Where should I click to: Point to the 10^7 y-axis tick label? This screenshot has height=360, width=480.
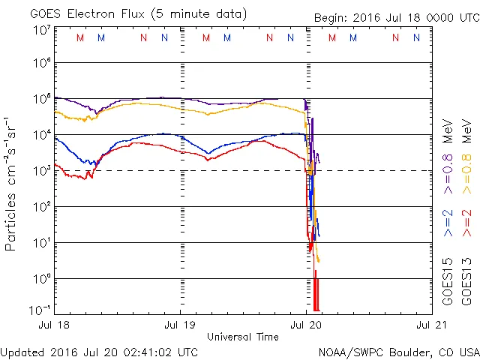tap(41, 30)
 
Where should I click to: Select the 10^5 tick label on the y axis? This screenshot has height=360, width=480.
tap(41, 99)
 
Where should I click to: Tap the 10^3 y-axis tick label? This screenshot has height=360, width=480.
tap(41, 171)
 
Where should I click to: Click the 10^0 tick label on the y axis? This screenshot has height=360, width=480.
tap(41, 279)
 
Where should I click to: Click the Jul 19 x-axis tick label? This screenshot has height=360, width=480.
tap(180, 325)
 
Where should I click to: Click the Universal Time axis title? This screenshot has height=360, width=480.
tap(243, 337)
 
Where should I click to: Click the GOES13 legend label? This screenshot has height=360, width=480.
tap(467, 283)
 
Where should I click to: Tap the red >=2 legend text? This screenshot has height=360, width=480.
tap(467, 223)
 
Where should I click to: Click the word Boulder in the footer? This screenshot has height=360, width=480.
tap(402, 352)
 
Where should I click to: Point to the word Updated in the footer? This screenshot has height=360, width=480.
tap(23, 352)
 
